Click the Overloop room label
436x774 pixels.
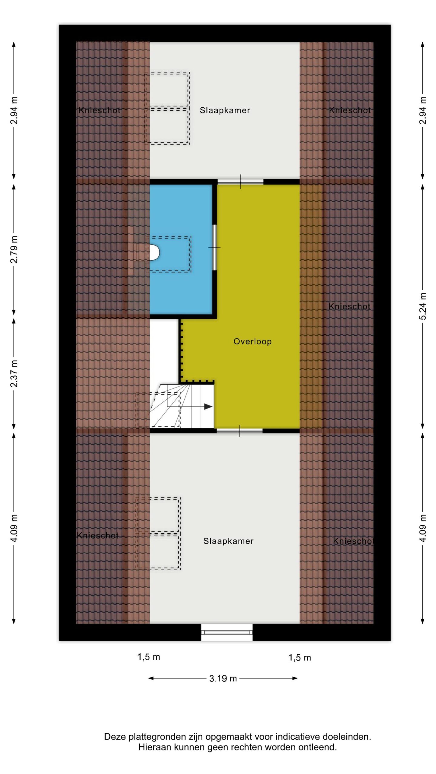[x=252, y=342]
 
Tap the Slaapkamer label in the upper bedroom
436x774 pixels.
[x=225, y=111]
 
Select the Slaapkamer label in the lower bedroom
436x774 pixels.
[x=228, y=541]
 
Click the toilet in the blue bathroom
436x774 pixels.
[x=154, y=252]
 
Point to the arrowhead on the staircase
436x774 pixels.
[x=208, y=407]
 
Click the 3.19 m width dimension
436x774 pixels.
[x=223, y=678]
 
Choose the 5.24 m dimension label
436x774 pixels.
[x=423, y=306]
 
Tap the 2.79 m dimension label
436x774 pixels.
[x=14, y=249]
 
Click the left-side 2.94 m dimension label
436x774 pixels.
[x=14, y=110]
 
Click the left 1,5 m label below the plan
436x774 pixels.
[x=149, y=657]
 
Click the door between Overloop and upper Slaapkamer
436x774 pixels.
[x=240, y=182]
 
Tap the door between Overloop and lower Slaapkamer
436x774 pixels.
[x=239, y=431]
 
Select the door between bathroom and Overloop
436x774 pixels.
[x=214, y=247]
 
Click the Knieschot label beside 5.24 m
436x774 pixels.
[x=349, y=307]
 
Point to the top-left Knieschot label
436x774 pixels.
[x=99, y=111]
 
